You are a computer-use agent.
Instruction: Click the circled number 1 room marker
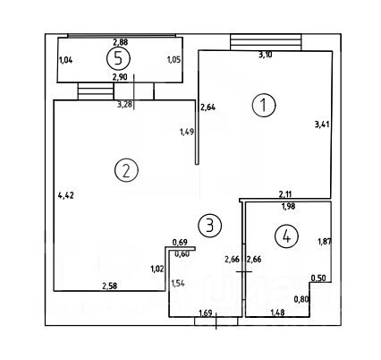[264, 105]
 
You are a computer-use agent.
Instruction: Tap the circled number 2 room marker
[126, 170]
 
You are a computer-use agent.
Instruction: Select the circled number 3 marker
[210, 226]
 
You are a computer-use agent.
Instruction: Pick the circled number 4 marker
[286, 237]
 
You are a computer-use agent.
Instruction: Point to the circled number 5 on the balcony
[118, 59]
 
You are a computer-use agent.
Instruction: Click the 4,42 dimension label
[66, 196]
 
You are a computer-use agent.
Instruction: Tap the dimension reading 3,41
[322, 124]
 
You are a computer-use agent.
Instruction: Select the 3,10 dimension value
[265, 55]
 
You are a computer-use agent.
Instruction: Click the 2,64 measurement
[207, 107]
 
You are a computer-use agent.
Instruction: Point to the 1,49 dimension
[187, 132]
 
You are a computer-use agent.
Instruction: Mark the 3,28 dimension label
[125, 105]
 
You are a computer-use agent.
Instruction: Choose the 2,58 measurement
[110, 286]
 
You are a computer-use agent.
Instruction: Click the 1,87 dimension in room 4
[325, 241]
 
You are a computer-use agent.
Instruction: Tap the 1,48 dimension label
[277, 313]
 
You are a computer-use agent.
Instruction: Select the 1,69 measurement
[206, 313]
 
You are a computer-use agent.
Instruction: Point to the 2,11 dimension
[285, 195]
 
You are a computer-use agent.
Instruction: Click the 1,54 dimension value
[177, 283]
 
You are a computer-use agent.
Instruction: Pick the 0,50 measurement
[318, 279]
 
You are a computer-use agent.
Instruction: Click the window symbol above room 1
[266, 42]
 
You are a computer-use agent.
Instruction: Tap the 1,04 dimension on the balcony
[66, 60]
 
